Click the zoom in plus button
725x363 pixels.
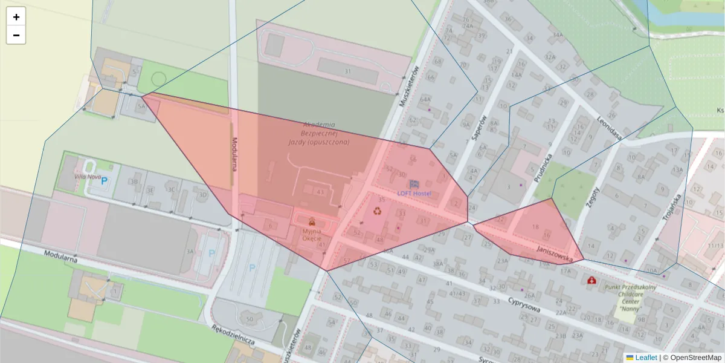click(x=16, y=17)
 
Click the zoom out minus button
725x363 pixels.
click(x=16, y=35)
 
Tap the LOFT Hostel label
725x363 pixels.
click(x=414, y=193)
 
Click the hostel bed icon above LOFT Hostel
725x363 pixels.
click(x=414, y=183)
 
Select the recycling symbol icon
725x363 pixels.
click(x=378, y=211)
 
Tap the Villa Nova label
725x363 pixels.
click(x=87, y=176)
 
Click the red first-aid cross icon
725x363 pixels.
click(x=591, y=281)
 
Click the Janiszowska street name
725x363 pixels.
click(x=554, y=253)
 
